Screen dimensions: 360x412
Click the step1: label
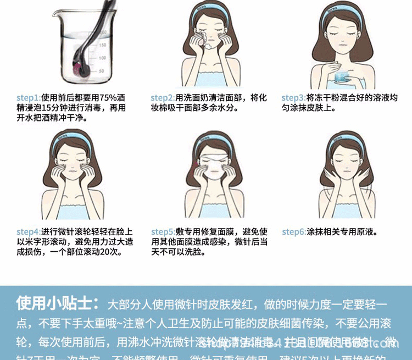point(29,98)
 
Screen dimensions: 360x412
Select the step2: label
point(163,98)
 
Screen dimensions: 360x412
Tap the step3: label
point(293,98)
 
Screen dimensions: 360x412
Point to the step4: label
point(29,232)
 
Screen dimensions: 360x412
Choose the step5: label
point(163,232)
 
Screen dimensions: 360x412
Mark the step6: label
point(294,232)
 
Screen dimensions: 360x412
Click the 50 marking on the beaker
point(101,71)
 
